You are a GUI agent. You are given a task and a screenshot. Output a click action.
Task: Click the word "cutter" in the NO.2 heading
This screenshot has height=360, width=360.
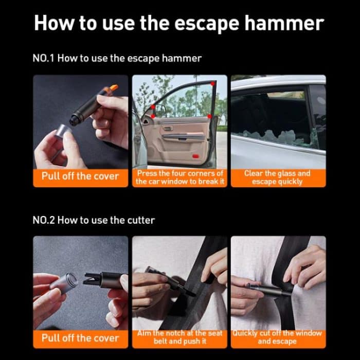tap(140, 220)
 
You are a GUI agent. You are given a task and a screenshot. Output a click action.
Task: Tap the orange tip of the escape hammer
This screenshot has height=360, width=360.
tap(113, 88)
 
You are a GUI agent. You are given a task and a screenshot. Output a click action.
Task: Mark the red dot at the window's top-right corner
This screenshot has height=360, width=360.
tap(212, 84)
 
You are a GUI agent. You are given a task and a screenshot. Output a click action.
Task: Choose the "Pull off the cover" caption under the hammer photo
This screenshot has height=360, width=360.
tap(80, 176)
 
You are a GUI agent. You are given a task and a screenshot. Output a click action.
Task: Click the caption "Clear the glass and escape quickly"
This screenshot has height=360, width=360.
tap(278, 177)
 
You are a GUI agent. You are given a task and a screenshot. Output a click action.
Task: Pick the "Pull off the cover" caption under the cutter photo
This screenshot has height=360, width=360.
tap(80, 338)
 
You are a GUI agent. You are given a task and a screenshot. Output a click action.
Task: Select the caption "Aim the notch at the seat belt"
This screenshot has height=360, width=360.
tap(179, 337)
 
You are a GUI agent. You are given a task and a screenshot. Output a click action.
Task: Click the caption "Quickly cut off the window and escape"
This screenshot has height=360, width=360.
tap(278, 337)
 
